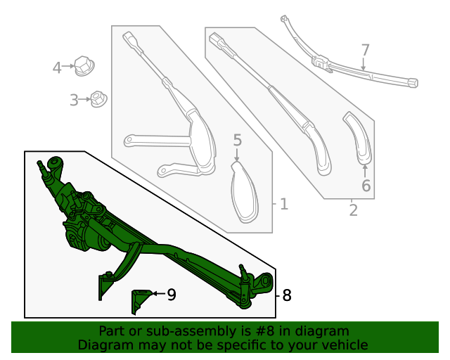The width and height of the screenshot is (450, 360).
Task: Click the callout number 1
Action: coord(283,205)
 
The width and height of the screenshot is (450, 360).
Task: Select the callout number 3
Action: coord(74,101)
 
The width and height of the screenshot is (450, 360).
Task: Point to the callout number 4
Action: coord(57,67)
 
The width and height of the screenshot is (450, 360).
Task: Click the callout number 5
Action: coord(237,140)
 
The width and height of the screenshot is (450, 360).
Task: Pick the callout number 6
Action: coord(366,186)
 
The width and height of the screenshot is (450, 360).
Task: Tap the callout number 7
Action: coord(365,51)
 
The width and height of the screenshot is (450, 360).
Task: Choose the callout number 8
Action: coord(286,295)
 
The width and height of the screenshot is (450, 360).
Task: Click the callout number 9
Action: coord(172,295)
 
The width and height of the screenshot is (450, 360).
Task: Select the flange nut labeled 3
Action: coord(98,99)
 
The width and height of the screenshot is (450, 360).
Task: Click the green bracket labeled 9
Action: coord(139,301)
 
